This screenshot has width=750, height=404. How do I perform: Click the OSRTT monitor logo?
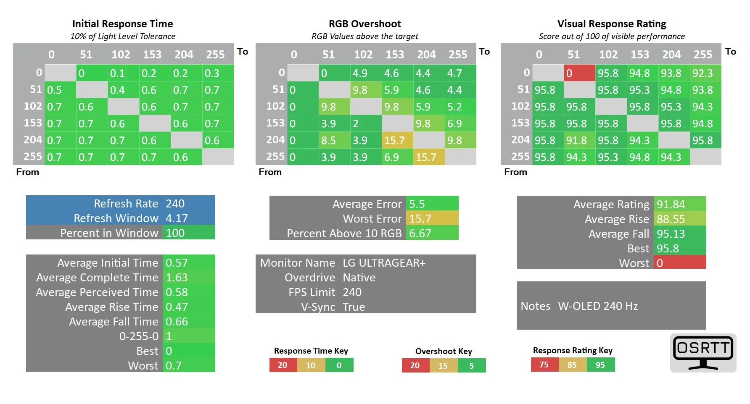pyautogui.click(x=703, y=353)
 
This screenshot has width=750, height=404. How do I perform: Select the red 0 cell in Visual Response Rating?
pyautogui.click(x=579, y=73)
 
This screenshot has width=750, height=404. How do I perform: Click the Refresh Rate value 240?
pyautogui.click(x=175, y=204)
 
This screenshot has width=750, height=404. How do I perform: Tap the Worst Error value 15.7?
pyautogui.click(x=420, y=219)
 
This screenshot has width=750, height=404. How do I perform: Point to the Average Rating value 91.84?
pyautogui.click(x=671, y=205)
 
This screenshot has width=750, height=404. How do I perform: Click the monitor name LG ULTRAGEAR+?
pyautogui.click(x=384, y=263)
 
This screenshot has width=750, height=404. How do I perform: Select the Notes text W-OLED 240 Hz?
pyautogui.click(x=598, y=306)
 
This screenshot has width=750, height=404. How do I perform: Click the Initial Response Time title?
pyautogui.click(x=122, y=24)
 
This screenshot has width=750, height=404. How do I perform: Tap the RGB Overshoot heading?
pyautogui.click(x=364, y=24)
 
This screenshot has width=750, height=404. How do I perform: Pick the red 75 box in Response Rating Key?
pyautogui.click(x=544, y=365)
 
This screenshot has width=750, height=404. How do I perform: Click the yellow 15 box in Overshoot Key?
pyautogui.click(x=443, y=365)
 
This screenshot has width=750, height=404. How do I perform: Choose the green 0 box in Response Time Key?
pyautogui.click(x=339, y=365)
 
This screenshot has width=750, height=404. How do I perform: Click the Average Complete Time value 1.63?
pyautogui.click(x=177, y=278)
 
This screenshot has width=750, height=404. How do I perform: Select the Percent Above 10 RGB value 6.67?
pyautogui.click(x=420, y=233)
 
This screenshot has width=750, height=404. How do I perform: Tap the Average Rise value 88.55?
pyautogui.click(x=671, y=219)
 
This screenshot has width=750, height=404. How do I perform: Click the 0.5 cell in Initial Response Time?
pyautogui.click(x=55, y=90)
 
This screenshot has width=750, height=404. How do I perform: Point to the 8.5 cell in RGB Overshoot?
pyautogui.click(x=329, y=140)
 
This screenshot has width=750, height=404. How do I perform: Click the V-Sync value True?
pyautogui.click(x=354, y=307)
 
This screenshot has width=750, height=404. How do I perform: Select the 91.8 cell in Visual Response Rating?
pyautogui.click(x=576, y=140)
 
